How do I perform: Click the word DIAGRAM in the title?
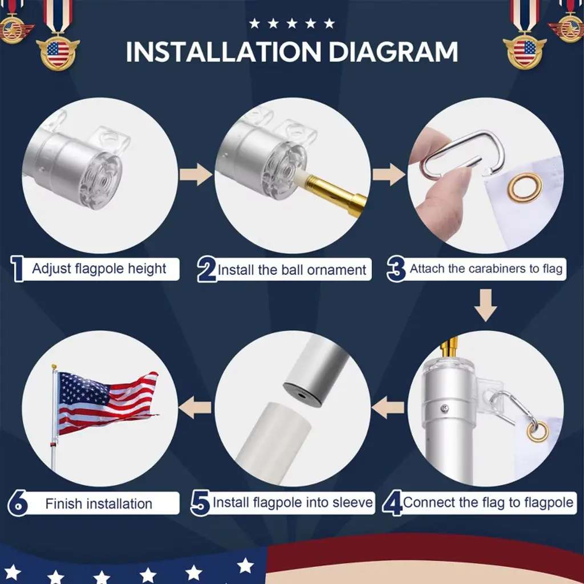(393, 51)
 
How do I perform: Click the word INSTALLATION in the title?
(223, 51)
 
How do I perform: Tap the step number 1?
(17, 268)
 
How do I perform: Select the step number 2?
(206, 269)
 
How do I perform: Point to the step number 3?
(396, 269)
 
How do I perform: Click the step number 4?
(392, 503)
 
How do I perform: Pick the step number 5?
(200, 503)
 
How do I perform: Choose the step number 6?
(18, 503)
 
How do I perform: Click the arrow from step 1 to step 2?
(196, 175)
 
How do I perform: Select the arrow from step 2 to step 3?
(389, 175)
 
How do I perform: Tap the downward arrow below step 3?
(485, 305)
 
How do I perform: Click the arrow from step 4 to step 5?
(388, 407)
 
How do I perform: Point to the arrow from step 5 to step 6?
(195, 407)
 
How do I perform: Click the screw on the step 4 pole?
(445, 408)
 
